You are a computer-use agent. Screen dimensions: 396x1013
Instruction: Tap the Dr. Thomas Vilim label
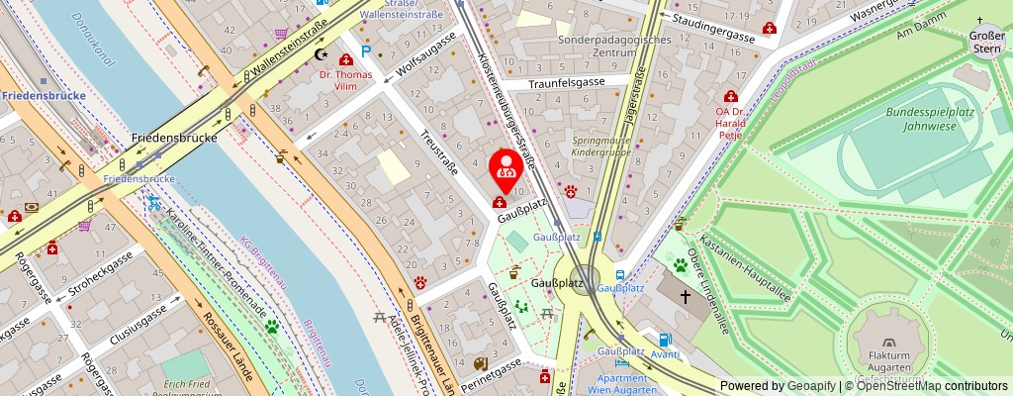(x=345, y=80)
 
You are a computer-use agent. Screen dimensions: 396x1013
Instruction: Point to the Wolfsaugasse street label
(x=426, y=55)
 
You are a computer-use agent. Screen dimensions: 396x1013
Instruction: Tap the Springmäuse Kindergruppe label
(x=600, y=147)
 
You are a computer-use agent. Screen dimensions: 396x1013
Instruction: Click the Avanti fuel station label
(x=665, y=353)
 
